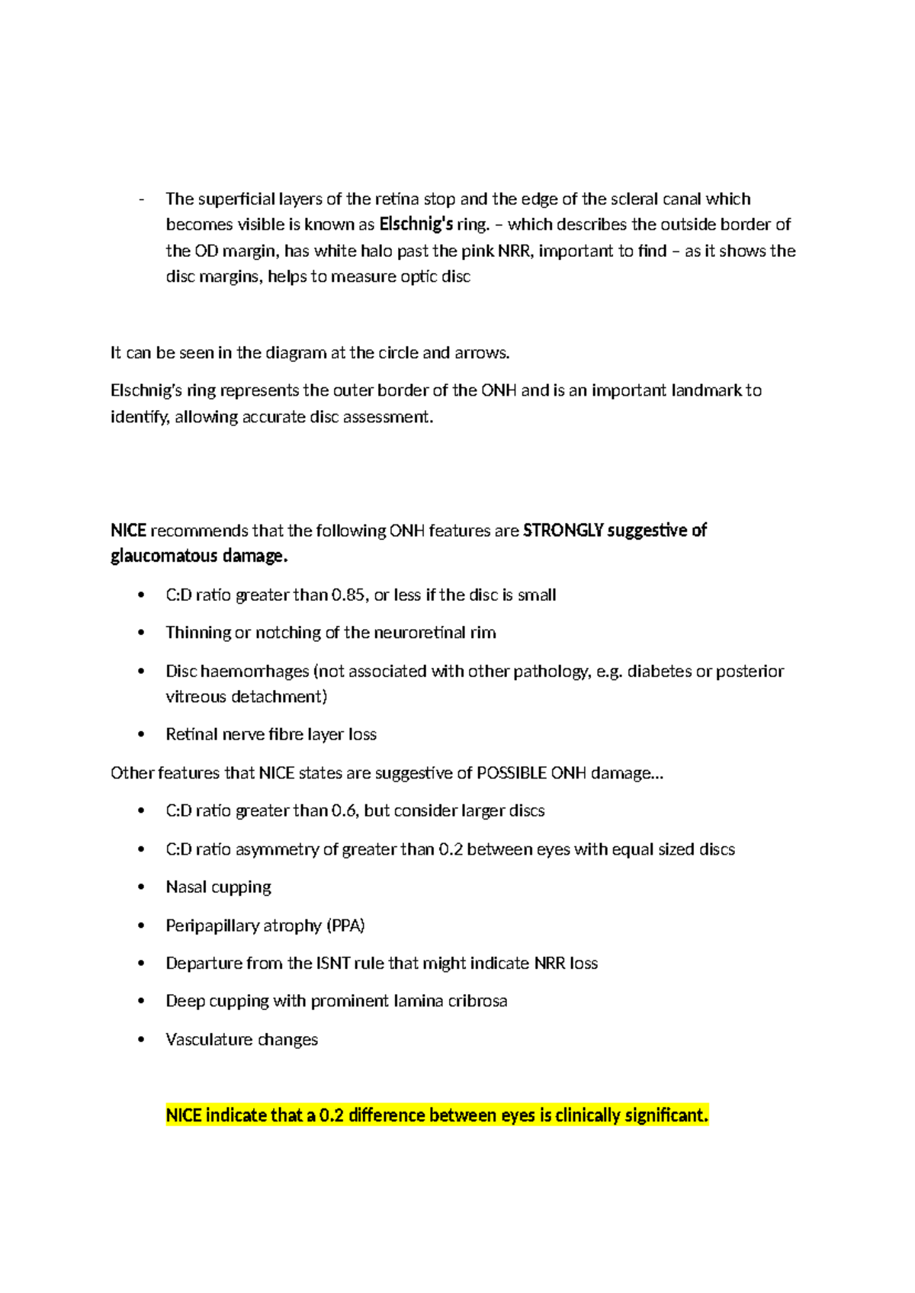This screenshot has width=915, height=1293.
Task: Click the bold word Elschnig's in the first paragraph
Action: click(416, 224)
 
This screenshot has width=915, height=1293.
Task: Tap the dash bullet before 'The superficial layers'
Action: click(142, 200)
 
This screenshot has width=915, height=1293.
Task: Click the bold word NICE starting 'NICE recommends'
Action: click(128, 530)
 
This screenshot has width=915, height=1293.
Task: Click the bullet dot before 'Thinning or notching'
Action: click(141, 633)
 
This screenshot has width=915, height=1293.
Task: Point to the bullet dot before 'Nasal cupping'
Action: click(141, 887)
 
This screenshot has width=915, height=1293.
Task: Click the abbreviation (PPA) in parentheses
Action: click(345, 926)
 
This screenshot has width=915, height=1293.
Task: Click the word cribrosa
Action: click(477, 1001)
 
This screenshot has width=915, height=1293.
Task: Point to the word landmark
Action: click(706, 390)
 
